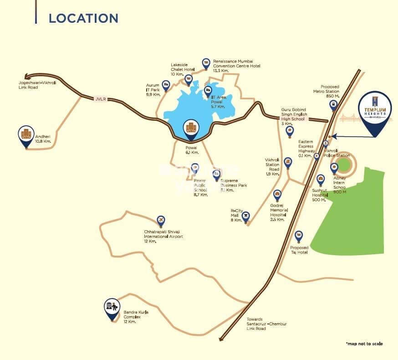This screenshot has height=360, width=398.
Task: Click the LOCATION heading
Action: (x=83, y=18)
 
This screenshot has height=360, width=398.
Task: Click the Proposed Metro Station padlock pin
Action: (x=333, y=105)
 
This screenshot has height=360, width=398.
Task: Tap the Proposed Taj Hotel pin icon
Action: (x=299, y=236)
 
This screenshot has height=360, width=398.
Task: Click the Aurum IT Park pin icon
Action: (x=166, y=84)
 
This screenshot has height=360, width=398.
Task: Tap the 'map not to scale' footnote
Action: (x=364, y=344)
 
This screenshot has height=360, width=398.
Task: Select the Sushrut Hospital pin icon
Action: (x=321, y=178)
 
